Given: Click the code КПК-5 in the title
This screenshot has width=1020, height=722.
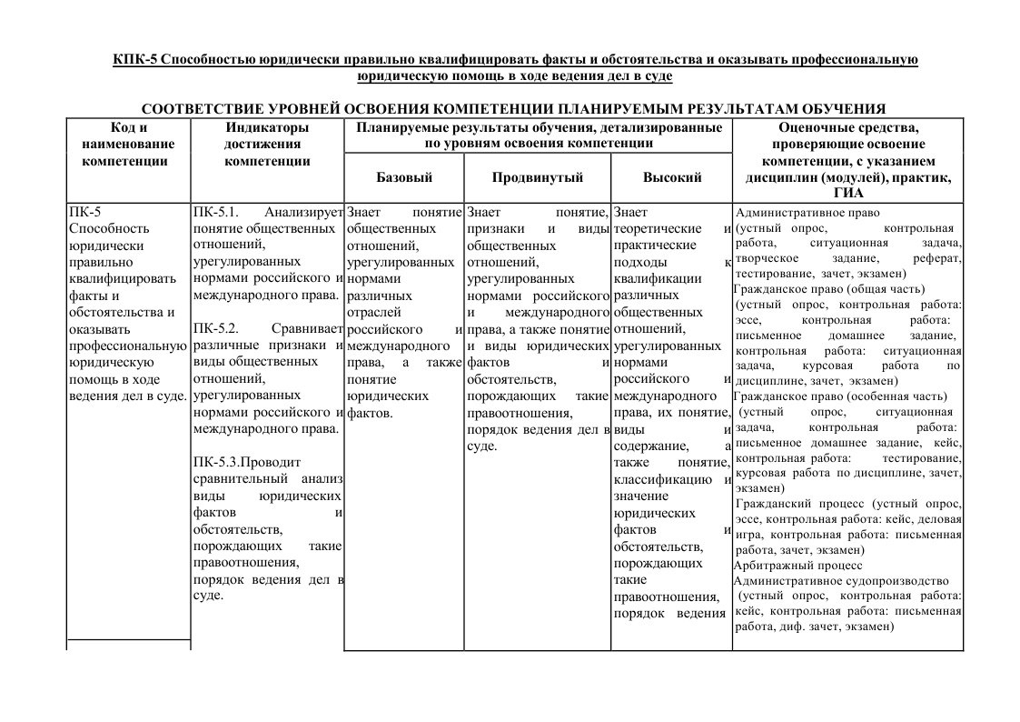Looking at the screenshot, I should (134, 60).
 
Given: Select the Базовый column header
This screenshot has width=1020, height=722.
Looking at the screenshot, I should (404, 177).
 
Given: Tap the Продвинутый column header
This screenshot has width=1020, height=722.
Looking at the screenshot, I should (538, 177).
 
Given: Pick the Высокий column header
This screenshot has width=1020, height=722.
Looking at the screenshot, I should (672, 177).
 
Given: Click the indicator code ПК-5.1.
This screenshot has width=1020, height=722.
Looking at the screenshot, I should (215, 212).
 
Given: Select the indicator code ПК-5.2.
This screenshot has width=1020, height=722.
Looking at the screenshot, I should (215, 327).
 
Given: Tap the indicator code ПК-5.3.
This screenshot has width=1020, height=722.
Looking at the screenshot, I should (217, 462).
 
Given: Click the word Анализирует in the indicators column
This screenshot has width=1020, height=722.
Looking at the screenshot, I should (303, 212).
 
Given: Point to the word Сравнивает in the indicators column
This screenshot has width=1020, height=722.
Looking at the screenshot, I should (307, 327).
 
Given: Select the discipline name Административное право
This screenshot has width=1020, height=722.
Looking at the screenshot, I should (807, 213).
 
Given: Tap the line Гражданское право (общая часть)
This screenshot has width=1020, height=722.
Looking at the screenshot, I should (820, 288).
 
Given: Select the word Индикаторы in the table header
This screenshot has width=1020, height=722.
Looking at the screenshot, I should (267, 127).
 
